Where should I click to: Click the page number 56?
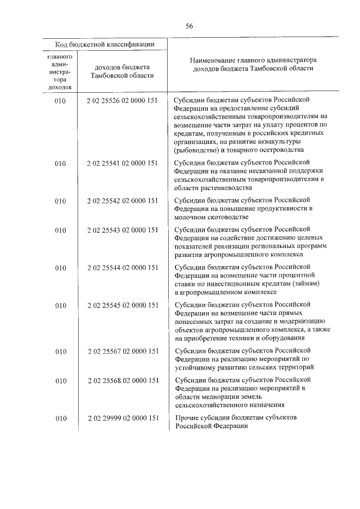[190, 26]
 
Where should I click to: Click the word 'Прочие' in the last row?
[188, 418]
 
